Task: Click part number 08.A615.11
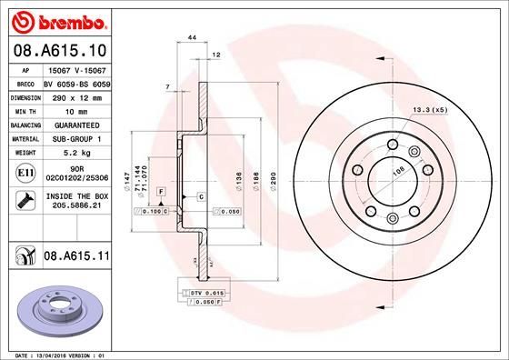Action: pos(77,258)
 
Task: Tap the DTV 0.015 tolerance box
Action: pos(207,294)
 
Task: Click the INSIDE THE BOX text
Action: pos(77,196)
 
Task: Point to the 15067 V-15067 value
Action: pos(76,69)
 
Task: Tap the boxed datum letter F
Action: pos(160,193)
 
